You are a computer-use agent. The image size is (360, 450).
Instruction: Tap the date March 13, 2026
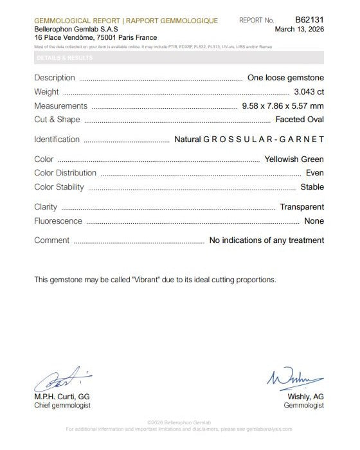point(299,29)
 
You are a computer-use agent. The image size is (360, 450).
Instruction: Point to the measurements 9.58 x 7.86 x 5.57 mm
point(282,106)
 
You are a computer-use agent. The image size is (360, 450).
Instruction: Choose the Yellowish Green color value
point(294,159)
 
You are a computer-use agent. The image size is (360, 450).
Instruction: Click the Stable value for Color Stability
point(312,187)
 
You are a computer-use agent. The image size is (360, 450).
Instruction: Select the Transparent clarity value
point(301,207)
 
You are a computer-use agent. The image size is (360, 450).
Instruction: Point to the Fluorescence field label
point(58,221)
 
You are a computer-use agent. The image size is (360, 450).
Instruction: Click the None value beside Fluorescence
point(314,221)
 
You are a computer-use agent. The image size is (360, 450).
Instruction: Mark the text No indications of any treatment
point(267,240)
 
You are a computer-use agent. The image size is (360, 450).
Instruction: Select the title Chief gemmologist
point(62,406)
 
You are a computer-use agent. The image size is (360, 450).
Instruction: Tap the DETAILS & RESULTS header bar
point(180,58)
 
